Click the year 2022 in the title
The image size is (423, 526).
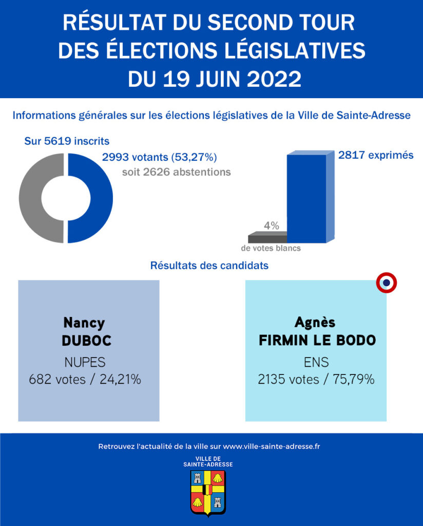(274, 79)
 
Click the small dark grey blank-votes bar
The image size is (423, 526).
(267, 238)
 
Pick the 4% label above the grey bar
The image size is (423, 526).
(271, 226)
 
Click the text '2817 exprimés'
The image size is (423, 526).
(376, 155)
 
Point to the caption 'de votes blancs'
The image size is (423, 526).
(271, 248)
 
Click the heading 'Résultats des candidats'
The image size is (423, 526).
(209, 266)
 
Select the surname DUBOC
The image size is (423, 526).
(86, 341)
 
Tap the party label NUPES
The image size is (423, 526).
(85, 362)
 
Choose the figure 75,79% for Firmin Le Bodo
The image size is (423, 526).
(352, 380)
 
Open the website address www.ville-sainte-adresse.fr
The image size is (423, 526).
(272, 446)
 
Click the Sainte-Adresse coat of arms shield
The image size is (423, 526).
(208, 492)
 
